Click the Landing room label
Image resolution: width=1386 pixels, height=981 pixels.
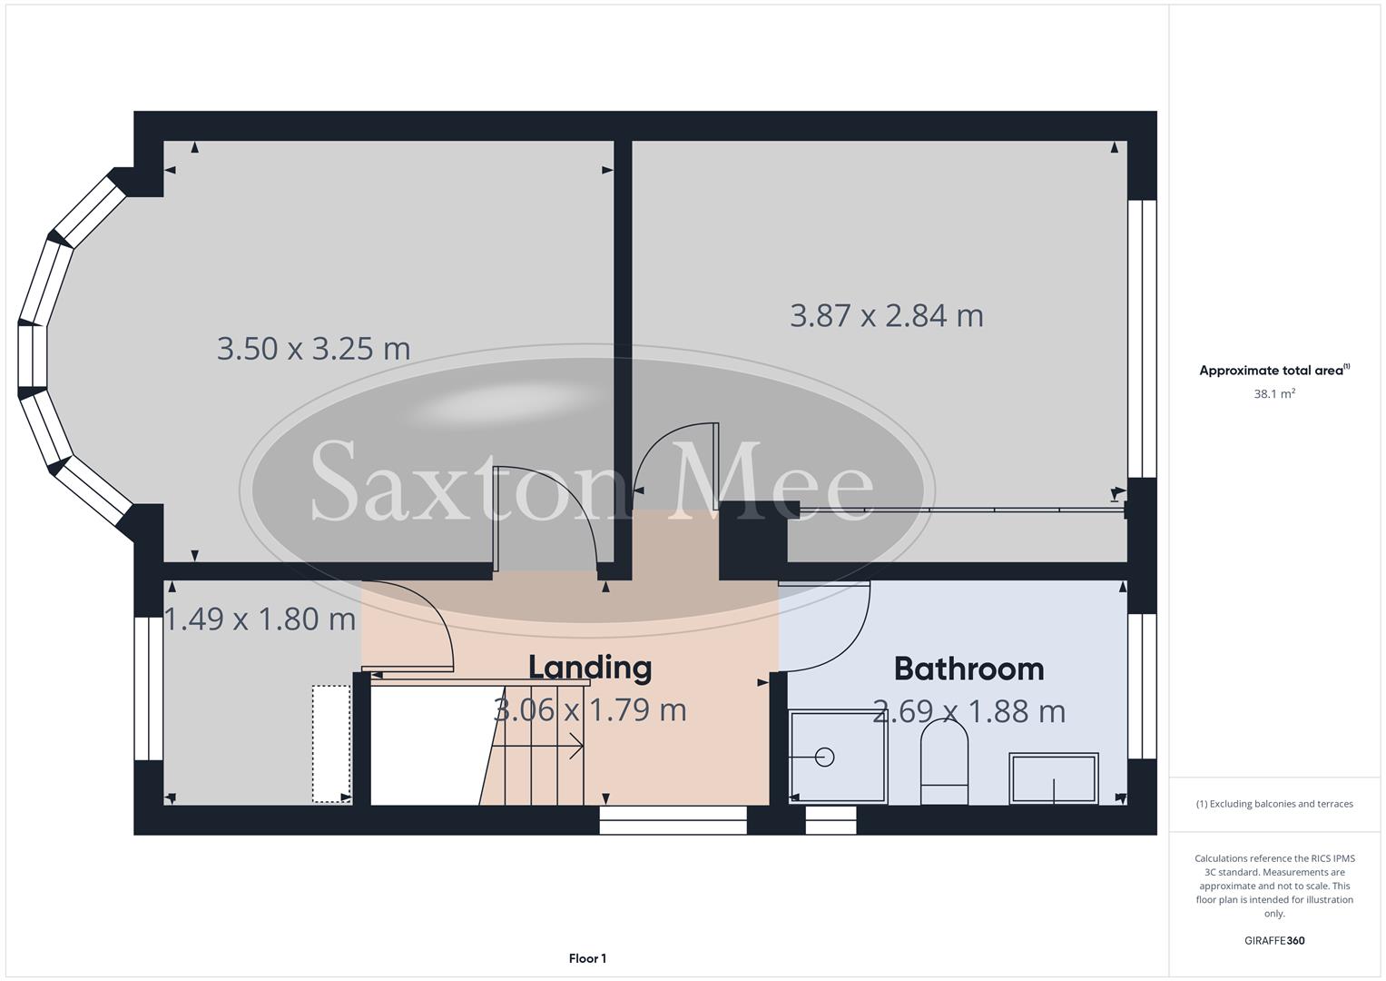coord(590,668)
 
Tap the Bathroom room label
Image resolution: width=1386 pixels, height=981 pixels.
coord(968,669)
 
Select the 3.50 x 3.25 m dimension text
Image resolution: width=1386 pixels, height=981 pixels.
coord(313,348)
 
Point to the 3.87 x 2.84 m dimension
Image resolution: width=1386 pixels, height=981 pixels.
coord(886,315)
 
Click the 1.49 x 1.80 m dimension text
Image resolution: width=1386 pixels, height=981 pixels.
coord(260,619)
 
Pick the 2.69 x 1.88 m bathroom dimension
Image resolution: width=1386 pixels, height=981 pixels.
coord(968,711)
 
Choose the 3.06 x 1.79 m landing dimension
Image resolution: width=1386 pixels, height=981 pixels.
coord(590,709)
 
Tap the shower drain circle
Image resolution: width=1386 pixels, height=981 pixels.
coord(825,756)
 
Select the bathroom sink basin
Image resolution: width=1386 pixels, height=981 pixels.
coord(1054,778)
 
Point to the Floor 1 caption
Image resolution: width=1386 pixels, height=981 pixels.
coord(587,958)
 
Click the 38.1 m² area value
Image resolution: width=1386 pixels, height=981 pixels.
coord(1273,394)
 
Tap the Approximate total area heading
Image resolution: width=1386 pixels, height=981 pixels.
coord(1273,371)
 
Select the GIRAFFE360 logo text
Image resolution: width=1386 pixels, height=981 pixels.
coord(1273,940)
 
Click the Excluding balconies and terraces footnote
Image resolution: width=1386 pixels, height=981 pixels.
coord(1273,804)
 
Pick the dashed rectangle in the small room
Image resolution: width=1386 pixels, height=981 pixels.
coord(331,743)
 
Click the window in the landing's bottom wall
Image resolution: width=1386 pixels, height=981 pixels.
coord(673,821)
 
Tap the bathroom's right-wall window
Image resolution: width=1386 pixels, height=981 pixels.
coord(1142,687)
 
